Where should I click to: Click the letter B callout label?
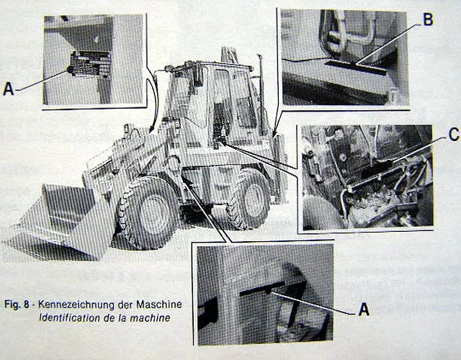(x=428, y=20)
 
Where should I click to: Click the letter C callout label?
(x=452, y=133)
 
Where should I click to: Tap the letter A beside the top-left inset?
(x=9, y=89)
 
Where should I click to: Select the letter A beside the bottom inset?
(x=364, y=310)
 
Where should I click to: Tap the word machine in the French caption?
(x=153, y=317)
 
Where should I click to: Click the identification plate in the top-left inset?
(x=89, y=64)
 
